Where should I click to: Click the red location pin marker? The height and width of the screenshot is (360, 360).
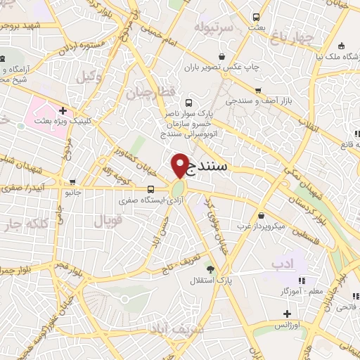coord(179,166)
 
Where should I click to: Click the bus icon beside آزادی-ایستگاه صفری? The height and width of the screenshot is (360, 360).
coord(151,189)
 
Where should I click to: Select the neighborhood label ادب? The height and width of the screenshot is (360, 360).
coord(280,262)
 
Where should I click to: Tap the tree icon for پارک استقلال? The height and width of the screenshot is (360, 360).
coord(210,269)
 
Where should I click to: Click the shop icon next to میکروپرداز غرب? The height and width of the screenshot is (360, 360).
coord(262,214)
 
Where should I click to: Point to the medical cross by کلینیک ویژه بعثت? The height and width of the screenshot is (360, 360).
coord(63,110)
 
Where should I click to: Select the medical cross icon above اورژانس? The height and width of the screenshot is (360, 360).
coord(287,314)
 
